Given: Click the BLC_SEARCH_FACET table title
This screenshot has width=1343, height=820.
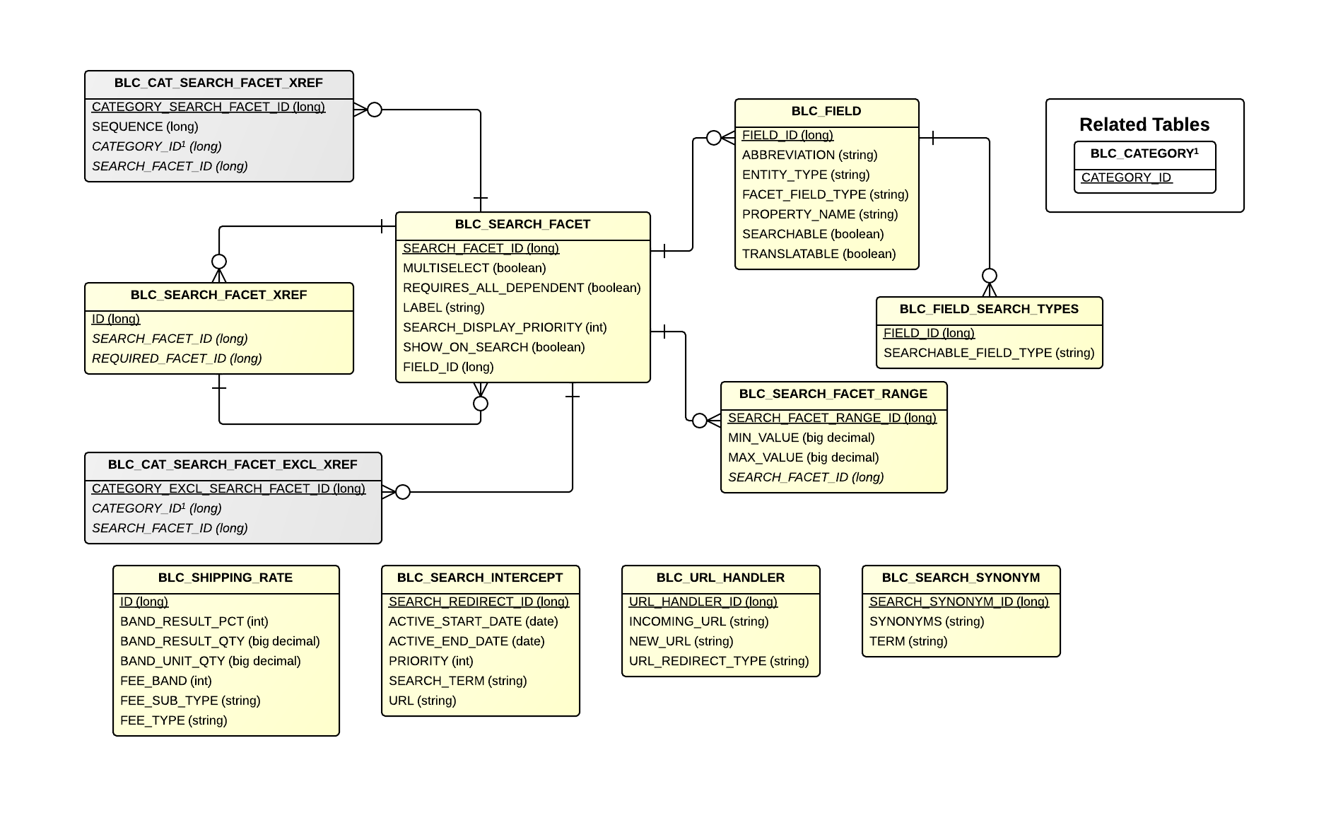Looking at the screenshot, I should coord(522,225).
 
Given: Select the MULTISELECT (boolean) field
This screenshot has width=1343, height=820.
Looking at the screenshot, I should coord(474,268).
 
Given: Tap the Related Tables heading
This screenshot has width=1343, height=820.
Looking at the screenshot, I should coord(1144,125).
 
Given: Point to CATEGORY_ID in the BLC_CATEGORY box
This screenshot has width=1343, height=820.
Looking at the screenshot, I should coord(1126,177).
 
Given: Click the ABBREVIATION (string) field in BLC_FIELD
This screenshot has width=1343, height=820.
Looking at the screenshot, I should coord(809,155).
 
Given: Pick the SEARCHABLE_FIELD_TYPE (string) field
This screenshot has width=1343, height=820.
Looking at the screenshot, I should coord(988,353).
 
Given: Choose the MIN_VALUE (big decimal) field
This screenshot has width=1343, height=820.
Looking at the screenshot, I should coord(801,438).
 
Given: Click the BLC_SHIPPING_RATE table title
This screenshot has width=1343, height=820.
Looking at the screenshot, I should coord(225,578).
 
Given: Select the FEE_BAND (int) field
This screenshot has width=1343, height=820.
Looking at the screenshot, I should coord(165,681).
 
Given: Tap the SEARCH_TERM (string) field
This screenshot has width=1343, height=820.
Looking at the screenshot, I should coord(457,681).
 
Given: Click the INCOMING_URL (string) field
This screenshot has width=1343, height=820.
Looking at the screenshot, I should coord(698,621).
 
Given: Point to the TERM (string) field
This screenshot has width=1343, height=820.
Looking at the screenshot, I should coord(908,641).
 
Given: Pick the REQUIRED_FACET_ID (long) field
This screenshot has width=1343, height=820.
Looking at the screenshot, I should coord(177,358).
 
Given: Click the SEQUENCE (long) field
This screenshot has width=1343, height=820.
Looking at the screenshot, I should coord(145,127).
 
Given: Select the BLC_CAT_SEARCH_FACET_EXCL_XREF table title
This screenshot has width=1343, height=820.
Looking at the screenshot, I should coord(233,465).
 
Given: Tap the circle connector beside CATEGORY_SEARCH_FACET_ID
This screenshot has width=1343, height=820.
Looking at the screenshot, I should coord(375,110).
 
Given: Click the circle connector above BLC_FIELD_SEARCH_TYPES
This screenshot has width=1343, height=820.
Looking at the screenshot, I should coord(990,276).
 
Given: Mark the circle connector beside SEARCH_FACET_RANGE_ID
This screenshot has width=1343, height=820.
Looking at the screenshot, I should coord(700,421).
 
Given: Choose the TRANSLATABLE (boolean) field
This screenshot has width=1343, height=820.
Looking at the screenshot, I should coord(819,254).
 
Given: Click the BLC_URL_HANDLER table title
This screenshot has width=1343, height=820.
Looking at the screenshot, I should coord(720,578).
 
